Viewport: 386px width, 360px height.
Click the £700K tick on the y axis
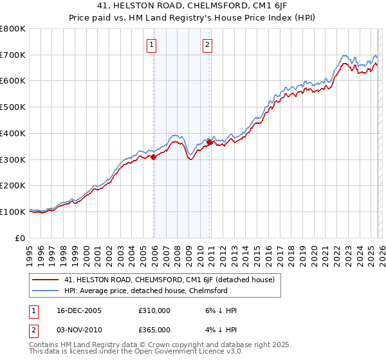[13, 55]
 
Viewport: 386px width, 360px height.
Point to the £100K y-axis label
[13, 212]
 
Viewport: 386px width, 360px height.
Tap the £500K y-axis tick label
[13, 107]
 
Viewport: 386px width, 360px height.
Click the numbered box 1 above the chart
[152, 45]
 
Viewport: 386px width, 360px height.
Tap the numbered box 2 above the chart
[208, 45]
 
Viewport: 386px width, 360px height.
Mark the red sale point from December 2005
[154, 156]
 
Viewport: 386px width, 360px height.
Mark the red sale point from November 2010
[209, 142]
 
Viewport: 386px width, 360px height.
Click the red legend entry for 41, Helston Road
[169, 280]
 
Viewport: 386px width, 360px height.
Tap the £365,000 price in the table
[154, 329]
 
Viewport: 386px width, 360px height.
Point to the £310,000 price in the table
[154, 310]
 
